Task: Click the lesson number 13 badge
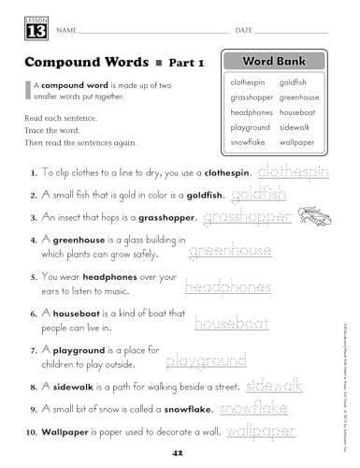[29, 28]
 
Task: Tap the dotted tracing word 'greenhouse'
[230, 251]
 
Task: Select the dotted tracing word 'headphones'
[228, 287]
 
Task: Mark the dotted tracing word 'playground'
[206, 359]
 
